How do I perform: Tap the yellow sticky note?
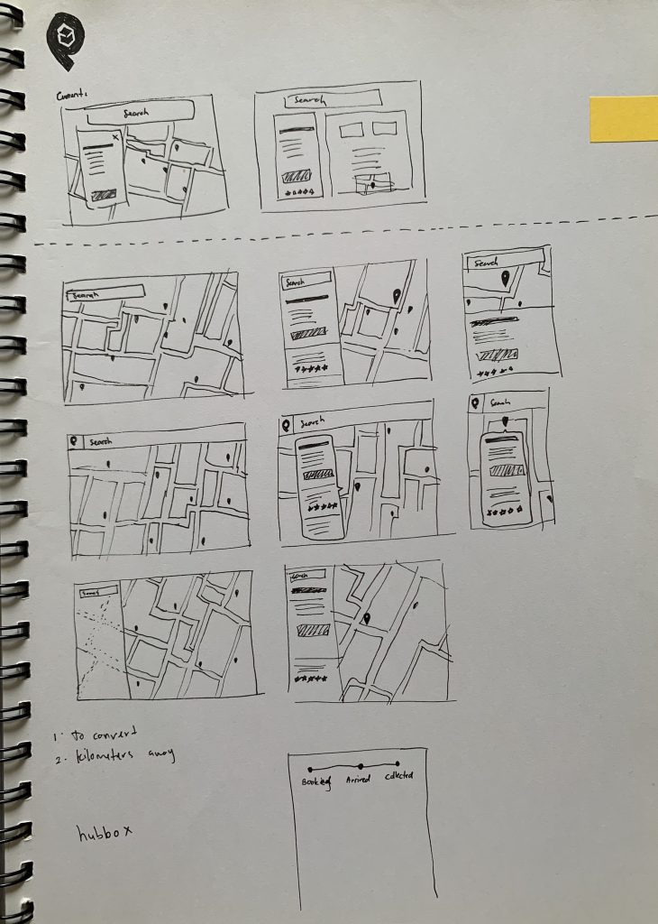click(x=623, y=119)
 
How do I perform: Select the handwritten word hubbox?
click(x=104, y=832)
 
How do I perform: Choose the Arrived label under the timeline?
click(x=358, y=780)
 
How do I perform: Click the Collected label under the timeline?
click(x=399, y=776)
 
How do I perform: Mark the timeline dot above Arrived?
click(x=361, y=765)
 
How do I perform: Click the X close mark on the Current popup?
click(x=115, y=137)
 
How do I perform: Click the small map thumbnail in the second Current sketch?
click(x=373, y=183)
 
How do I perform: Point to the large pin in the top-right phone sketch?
click(x=505, y=279)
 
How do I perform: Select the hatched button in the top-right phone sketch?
click(x=497, y=353)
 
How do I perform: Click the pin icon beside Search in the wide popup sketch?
click(x=288, y=423)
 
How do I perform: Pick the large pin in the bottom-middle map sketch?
click(x=367, y=620)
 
